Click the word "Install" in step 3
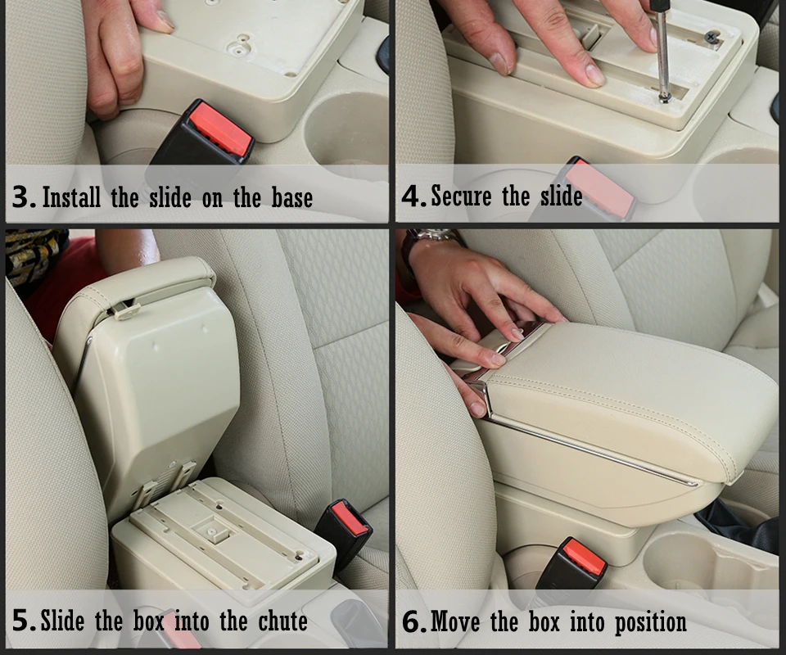click(x=71, y=197)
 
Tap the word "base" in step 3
click(x=291, y=197)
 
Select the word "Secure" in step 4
click(x=461, y=196)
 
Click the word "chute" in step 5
click(x=282, y=621)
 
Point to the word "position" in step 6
click(x=651, y=623)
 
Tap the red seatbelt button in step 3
click(x=220, y=129)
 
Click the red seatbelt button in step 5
click(x=350, y=518)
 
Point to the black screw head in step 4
click(x=711, y=37)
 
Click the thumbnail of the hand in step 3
click(x=164, y=19)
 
